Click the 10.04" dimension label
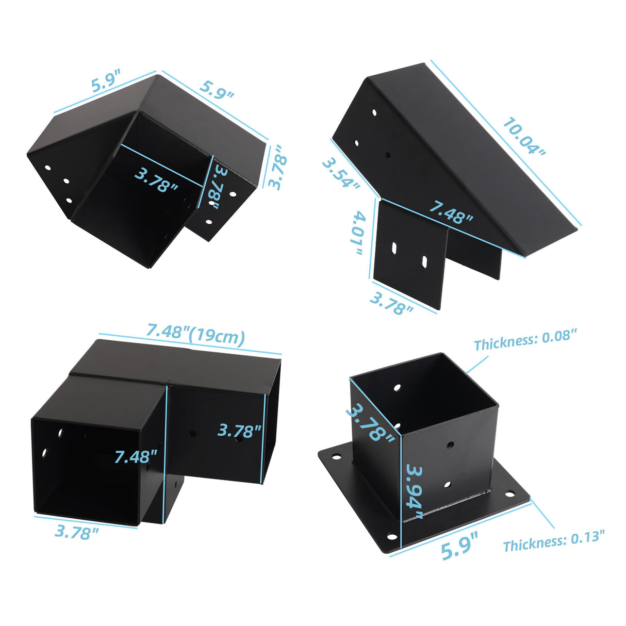coord(524,137)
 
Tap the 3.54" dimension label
coord(341,173)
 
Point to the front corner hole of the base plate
coord(392,537)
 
